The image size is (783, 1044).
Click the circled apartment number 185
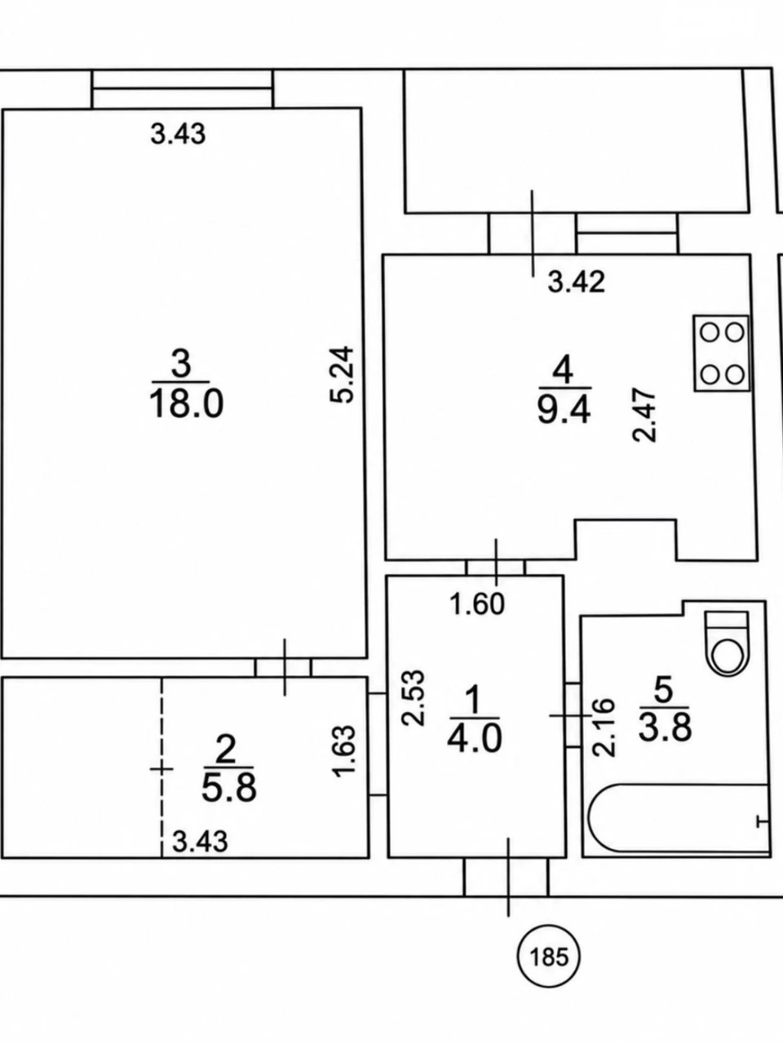click(548, 956)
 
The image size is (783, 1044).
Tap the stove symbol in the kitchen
click(721, 353)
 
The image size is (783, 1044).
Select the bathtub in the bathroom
click(679, 819)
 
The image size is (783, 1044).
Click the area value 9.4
click(564, 410)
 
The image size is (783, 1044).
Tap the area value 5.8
click(228, 788)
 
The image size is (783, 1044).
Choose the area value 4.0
click(475, 739)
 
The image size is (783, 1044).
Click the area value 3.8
click(665, 728)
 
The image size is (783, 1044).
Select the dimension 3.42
click(576, 281)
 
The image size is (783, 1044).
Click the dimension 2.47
click(645, 416)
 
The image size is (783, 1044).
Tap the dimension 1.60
click(477, 605)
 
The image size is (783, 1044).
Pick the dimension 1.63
click(345, 751)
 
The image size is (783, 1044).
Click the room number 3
click(181, 364)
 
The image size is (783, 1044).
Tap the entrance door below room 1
click(507, 877)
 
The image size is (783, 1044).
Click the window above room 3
click(183, 89)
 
